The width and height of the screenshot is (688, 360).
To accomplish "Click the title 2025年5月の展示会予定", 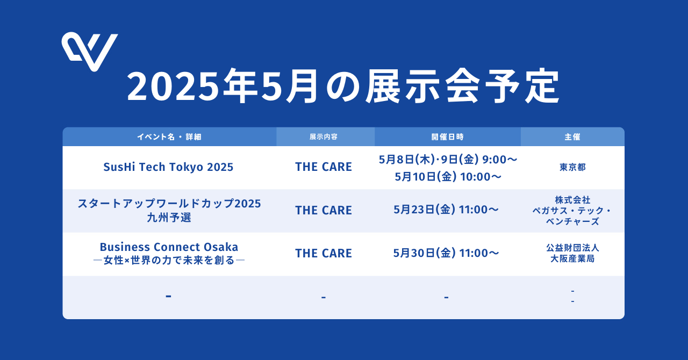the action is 343,86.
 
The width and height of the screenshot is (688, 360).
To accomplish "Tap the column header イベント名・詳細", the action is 169,136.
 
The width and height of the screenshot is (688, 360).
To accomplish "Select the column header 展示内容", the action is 324,136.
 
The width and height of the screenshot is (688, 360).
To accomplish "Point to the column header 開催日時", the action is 448,136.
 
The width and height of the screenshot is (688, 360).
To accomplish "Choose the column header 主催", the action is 572,136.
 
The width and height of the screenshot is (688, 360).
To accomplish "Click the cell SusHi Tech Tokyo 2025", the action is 168,167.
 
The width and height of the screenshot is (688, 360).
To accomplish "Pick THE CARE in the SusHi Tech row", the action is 324,167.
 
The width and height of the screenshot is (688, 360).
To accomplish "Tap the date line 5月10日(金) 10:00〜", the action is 448,177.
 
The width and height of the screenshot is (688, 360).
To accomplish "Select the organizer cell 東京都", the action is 572,167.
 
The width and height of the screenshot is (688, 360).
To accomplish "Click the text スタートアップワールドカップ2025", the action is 169,203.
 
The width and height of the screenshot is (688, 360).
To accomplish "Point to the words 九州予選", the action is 169,218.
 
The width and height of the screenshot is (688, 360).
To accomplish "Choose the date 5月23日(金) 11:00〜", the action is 446,210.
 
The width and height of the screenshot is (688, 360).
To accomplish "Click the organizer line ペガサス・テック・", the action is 572,211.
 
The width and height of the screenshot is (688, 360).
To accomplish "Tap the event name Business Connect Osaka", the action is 169,247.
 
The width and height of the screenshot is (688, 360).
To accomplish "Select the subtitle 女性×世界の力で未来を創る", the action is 169,260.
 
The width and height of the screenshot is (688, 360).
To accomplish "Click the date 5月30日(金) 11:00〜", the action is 446,253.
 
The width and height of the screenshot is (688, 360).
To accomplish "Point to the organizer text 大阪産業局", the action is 572,258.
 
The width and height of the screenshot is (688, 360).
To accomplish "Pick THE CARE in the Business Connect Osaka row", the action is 324,253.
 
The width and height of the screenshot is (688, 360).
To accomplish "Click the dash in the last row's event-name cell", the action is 168,297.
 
